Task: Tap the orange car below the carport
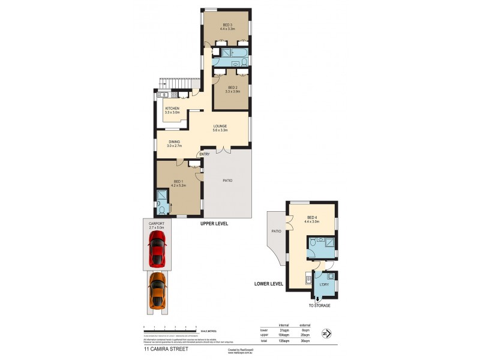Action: pyautogui.click(x=157, y=290)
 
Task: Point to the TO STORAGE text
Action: pyautogui.click(x=319, y=305)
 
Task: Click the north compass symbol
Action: pyautogui.click(x=326, y=333)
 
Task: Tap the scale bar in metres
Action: pyautogui.click(x=170, y=329)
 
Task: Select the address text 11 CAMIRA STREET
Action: pyautogui.click(x=166, y=348)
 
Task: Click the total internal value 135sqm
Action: pyautogui.click(x=284, y=340)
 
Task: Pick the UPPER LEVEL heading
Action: pyautogui.click(x=214, y=223)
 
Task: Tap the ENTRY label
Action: pyautogui.click(x=205, y=155)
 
